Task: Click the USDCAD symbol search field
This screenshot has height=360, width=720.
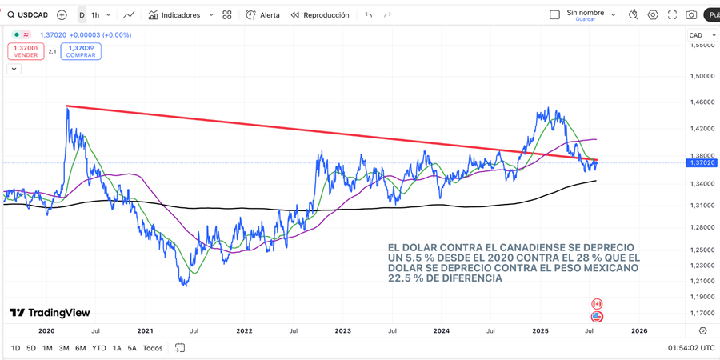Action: point(32,15)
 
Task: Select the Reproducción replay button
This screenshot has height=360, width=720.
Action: point(320,15)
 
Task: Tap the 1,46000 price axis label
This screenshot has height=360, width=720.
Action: point(702,102)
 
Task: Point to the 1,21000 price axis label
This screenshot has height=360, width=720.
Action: point(702,281)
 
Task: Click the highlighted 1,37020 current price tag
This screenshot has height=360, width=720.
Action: point(702,163)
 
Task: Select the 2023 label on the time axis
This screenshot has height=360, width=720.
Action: point(342,330)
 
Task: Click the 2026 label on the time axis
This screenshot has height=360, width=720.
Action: point(639,330)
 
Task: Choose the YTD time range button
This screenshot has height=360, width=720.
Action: point(98,348)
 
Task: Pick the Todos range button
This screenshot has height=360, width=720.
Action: point(152,348)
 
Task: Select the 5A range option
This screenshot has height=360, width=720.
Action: point(133,348)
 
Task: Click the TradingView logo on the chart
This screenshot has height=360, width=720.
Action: point(50,313)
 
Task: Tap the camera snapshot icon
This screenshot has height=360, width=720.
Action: point(691,15)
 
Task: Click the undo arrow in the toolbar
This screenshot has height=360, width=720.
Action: point(368,15)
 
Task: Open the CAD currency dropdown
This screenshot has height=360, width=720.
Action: point(702,35)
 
